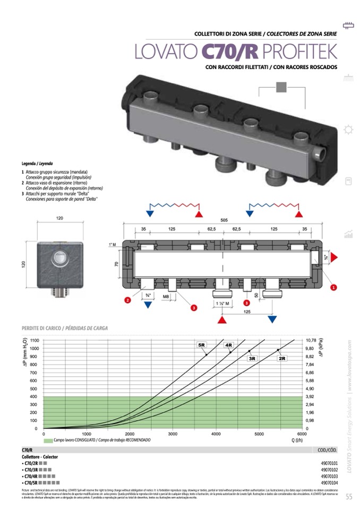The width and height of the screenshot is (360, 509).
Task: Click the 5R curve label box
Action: pos(202,346)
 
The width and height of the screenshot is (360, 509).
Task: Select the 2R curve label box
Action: pos(282,359)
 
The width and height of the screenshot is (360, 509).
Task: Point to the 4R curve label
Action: pos(229,346)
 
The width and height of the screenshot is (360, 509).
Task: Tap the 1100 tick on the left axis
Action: pos(35,340)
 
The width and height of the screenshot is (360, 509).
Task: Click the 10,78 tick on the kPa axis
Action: pos(312,340)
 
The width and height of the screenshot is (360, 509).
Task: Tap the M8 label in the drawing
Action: pos(166,296)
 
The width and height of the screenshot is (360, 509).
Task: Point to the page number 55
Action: pos(349,497)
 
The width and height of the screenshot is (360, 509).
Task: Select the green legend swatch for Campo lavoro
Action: pos(48,441)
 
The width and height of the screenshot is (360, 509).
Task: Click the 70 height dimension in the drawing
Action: pos(117,263)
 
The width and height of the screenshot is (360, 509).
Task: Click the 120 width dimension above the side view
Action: pos(59,219)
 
